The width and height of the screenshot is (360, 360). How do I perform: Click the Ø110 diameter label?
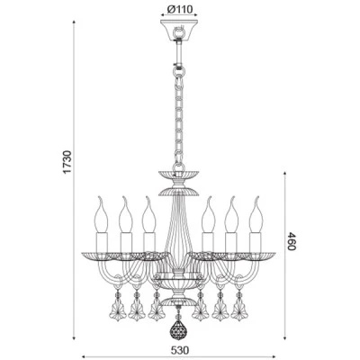[x=179, y=10]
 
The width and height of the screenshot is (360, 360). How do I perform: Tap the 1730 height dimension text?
[x=67, y=162]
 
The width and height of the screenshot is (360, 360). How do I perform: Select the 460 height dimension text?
[x=292, y=241]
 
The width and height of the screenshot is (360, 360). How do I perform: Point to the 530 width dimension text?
[x=180, y=350]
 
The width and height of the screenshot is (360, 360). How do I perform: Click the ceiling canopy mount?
[x=179, y=30]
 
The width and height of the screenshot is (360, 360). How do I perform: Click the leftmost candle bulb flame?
[x=101, y=214]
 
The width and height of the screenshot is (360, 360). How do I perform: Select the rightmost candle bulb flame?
[x=256, y=214]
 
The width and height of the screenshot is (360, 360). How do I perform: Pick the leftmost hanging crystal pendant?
[x=118, y=306]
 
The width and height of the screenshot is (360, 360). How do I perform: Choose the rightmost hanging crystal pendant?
[x=239, y=306]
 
